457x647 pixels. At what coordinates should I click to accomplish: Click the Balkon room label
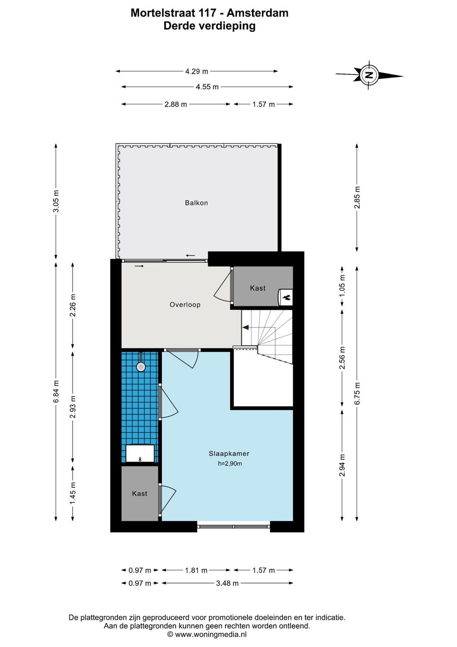click(196, 203)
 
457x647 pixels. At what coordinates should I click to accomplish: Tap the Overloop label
click(185, 305)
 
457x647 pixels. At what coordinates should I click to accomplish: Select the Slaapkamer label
click(229, 453)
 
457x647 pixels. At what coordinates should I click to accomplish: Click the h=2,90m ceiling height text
click(230, 464)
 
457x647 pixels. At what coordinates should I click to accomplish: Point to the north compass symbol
click(369, 75)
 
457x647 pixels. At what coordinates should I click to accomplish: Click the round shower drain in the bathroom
click(141, 367)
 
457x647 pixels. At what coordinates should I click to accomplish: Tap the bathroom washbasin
click(140, 454)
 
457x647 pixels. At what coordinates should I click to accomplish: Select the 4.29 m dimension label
click(197, 71)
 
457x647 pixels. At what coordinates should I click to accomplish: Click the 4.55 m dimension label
click(207, 87)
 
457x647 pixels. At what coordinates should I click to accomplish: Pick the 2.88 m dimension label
click(176, 104)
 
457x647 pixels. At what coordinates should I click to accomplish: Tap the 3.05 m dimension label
click(56, 201)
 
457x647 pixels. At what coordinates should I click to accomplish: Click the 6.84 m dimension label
click(56, 391)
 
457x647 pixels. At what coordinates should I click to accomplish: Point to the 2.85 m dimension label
click(357, 197)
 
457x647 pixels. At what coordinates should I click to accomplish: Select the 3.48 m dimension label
click(227, 583)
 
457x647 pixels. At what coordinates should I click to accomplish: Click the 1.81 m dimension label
click(196, 571)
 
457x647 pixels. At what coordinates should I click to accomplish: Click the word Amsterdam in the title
click(257, 13)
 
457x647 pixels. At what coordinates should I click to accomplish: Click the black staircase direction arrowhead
click(246, 328)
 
